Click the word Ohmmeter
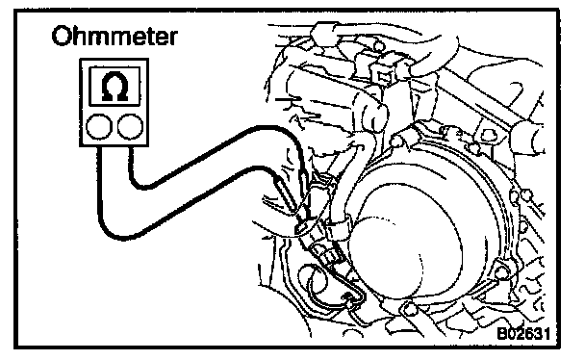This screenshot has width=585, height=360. (114, 37)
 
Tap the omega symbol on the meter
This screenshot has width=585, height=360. (114, 87)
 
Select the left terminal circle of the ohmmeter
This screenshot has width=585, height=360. (99, 127)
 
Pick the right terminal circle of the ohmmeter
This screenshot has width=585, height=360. (130, 127)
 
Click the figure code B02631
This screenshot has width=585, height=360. (523, 334)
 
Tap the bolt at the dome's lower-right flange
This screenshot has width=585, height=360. (502, 274)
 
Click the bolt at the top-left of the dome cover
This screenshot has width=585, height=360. (397, 141)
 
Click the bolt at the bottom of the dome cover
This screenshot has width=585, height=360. (410, 309)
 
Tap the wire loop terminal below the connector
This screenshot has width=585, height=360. (349, 297)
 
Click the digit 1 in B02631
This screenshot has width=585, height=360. (547, 334)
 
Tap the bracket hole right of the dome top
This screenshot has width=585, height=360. (488, 135)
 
